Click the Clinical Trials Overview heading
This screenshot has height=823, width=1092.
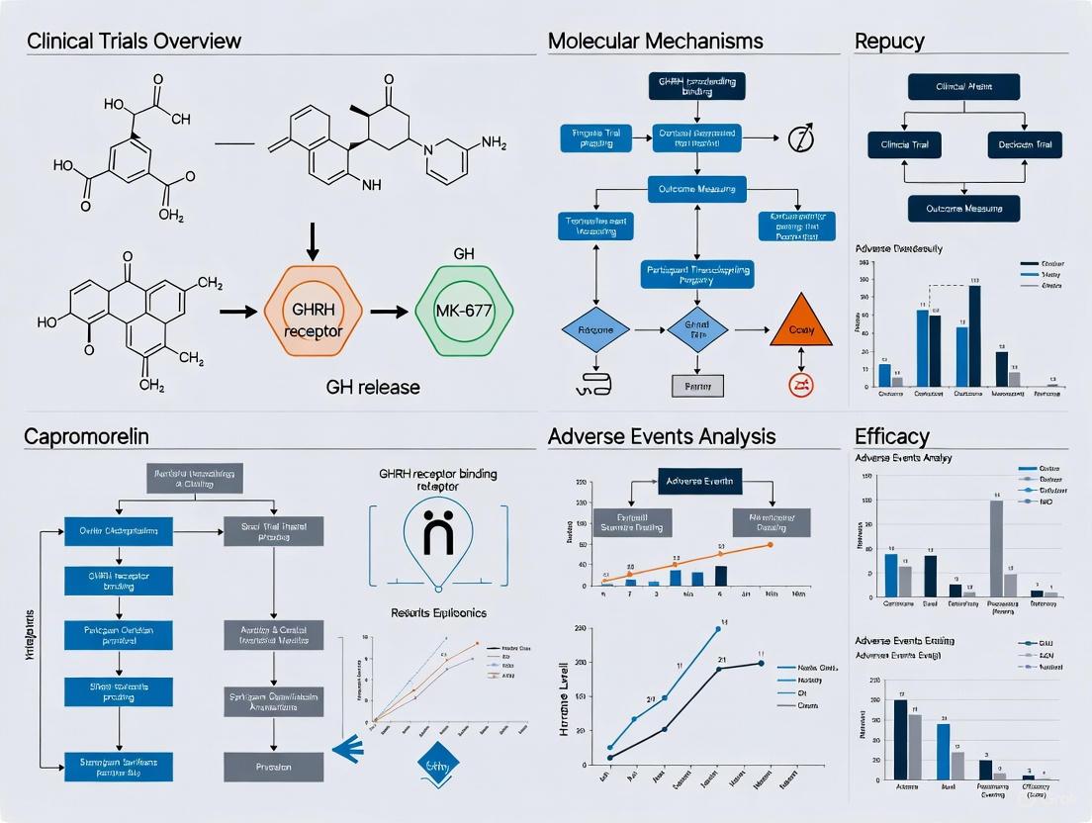click(x=135, y=42)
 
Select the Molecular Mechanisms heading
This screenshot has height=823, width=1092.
click(x=655, y=42)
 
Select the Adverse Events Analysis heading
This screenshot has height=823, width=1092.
click(x=662, y=436)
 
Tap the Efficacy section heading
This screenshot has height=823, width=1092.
click(x=891, y=436)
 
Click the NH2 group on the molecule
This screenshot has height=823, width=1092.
click(x=489, y=144)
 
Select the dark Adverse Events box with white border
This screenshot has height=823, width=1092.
click(x=699, y=482)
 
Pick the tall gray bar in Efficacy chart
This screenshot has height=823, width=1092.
click(x=996, y=547)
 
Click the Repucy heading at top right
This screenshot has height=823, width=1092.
click(x=889, y=42)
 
